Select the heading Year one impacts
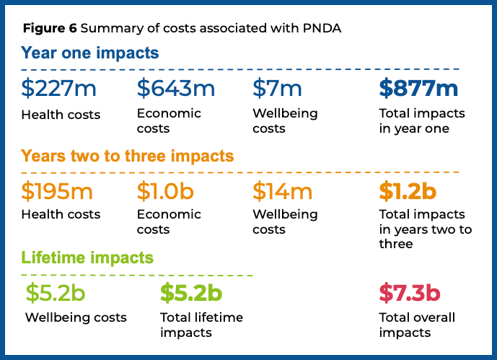point(90,53)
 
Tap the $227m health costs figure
point(58,89)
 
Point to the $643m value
point(176,89)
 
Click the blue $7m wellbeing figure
point(277,89)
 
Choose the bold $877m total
point(418,89)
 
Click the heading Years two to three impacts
point(128,156)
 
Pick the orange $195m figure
point(58,191)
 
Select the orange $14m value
point(282,191)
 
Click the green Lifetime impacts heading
point(87,258)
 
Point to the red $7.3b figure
point(410,294)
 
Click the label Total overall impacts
point(417,325)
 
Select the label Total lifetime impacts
point(201,325)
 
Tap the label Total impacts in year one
point(422,121)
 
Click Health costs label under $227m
point(61,115)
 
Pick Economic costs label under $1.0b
point(169,221)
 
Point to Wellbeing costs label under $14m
point(285,221)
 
